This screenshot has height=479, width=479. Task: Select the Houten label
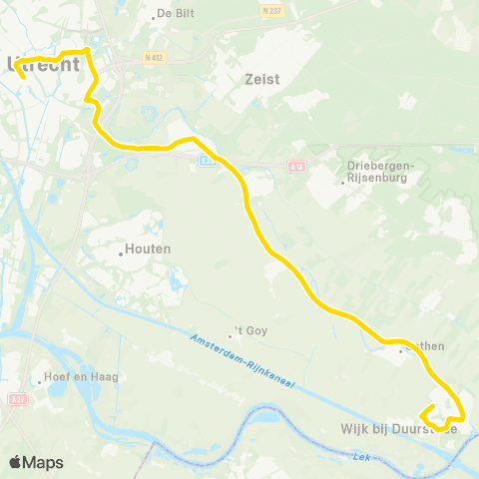pyautogui.click(x=150, y=248)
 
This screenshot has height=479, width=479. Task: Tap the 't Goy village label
pyautogui.click(x=253, y=330)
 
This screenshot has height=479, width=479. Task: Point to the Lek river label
pyautogui.click(x=360, y=456)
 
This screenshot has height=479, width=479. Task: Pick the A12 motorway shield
pyautogui.click(x=295, y=166)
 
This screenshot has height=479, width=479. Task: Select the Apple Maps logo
pyautogui.click(x=36, y=463)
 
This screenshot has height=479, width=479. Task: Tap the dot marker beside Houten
pyautogui.click(x=121, y=253)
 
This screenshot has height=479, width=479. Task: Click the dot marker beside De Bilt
pyautogui.click(x=151, y=15)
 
